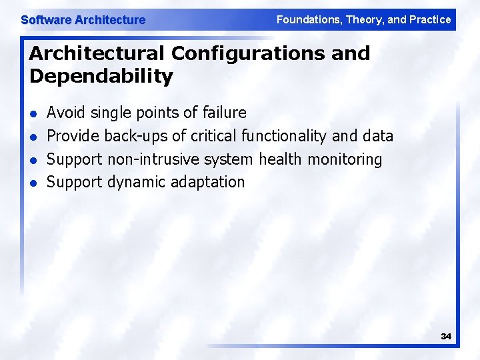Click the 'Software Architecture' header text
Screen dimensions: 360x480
(x=83, y=20)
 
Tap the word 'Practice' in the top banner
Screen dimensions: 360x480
(x=428, y=20)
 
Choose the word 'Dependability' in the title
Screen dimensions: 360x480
(x=101, y=76)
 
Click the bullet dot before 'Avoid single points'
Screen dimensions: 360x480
(x=34, y=113)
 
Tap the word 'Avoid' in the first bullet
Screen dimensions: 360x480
(x=66, y=113)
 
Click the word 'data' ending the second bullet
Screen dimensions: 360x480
(x=378, y=136)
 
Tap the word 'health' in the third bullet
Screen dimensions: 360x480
(x=281, y=159)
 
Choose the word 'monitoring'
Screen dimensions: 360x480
(x=345, y=159)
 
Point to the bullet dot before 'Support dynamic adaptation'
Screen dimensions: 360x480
(x=34, y=183)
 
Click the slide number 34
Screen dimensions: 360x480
(x=446, y=337)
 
